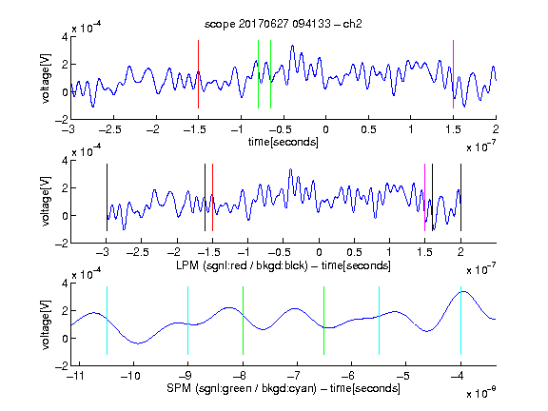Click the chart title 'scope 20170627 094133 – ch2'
[x=284, y=24]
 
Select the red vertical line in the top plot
[x=198, y=74]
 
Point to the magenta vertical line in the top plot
[x=453, y=74]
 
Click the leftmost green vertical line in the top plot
[x=258, y=74]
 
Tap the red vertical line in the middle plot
[x=212, y=198]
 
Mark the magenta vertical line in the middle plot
[x=424, y=198]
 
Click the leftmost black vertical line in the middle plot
[x=107, y=198]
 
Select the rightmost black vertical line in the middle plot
[x=460, y=198]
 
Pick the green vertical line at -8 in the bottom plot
[x=243, y=321]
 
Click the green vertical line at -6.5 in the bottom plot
[x=324, y=321]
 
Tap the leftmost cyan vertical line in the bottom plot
[x=107, y=321]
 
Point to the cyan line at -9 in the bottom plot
[x=187, y=321]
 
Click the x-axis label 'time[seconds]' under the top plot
[x=284, y=142]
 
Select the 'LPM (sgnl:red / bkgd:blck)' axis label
[x=242, y=265]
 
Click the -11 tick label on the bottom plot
[x=74, y=376]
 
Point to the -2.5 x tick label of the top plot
[x=109, y=129]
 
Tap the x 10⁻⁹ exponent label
[x=481, y=392]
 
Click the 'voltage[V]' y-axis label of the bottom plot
[x=46, y=324]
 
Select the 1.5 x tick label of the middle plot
[x=424, y=252]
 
